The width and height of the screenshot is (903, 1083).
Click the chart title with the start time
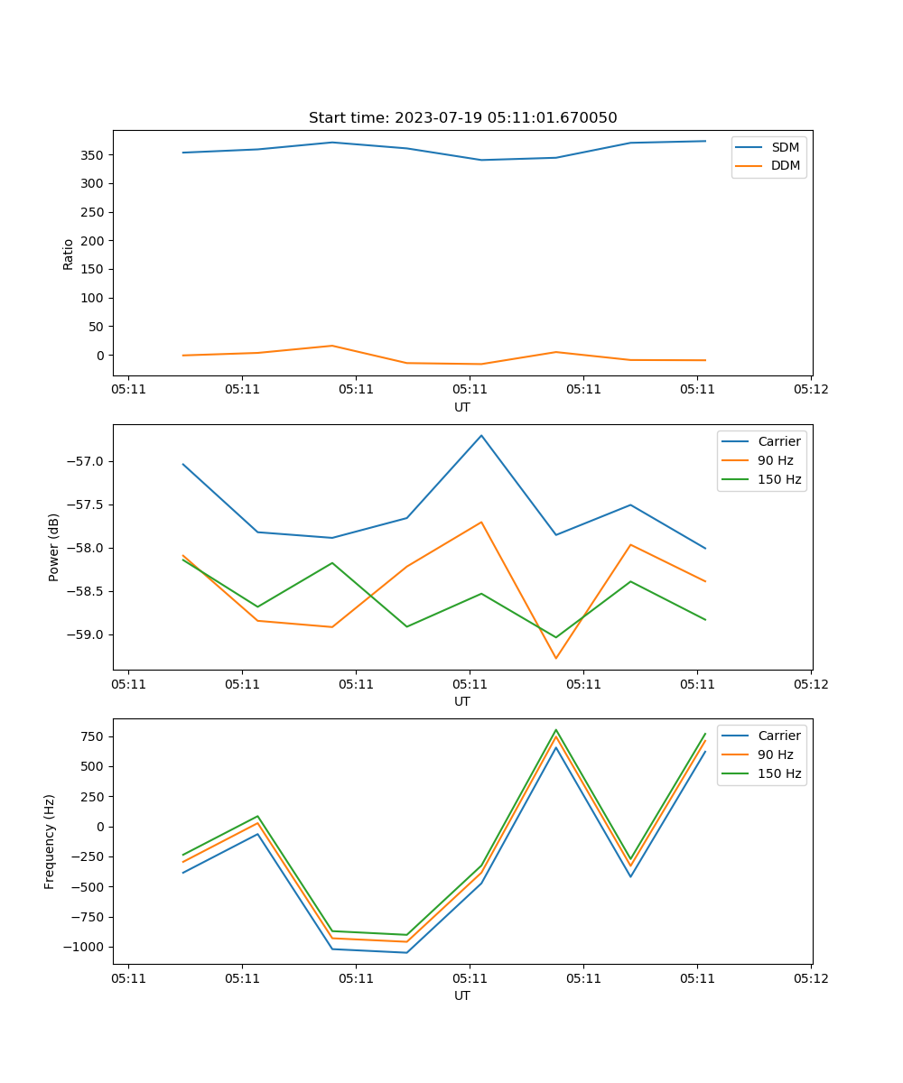462,118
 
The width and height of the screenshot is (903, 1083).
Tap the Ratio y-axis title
68,253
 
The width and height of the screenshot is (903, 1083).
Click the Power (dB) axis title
54,547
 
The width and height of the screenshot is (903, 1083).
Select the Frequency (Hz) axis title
50,841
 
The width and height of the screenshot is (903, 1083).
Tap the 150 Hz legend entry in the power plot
778,479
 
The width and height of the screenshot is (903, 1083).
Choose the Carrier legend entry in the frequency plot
778,736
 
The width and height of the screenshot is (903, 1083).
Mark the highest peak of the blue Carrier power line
481,435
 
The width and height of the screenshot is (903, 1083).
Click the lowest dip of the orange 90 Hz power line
556,658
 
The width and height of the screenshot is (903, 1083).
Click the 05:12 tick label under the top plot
810,390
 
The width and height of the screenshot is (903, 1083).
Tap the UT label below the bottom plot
462,995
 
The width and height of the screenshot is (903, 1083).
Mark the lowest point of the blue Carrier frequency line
406,952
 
